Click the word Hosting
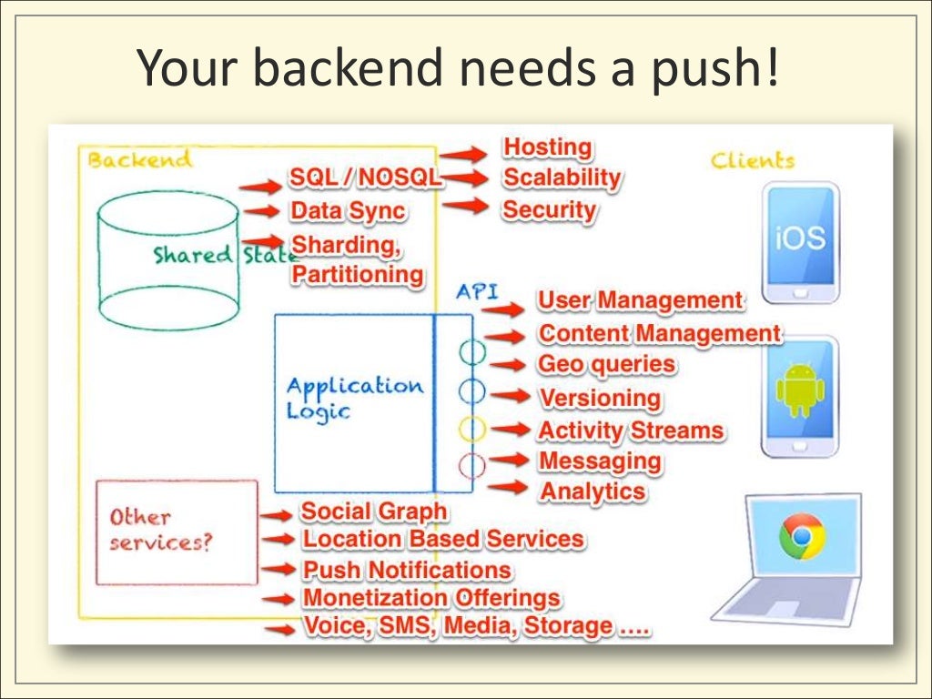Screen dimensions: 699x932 [x=547, y=147]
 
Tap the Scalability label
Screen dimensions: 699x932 [x=562, y=177]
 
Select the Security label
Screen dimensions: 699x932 [x=549, y=210]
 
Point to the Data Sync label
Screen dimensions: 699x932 [x=348, y=211]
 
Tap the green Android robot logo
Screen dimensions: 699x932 [x=799, y=390]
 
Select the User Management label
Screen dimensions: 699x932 [x=640, y=300]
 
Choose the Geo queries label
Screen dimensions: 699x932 [x=607, y=365]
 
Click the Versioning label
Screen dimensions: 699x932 [x=600, y=398]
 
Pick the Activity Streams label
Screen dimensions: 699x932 [x=631, y=431]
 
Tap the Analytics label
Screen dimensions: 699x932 [x=593, y=491]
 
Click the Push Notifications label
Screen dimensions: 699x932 [x=407, y=570]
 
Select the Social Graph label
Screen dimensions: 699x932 [x=374, y=512]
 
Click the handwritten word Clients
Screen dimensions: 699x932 [x=752, y=161]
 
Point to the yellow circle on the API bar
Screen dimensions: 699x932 [x=471, y=428]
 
